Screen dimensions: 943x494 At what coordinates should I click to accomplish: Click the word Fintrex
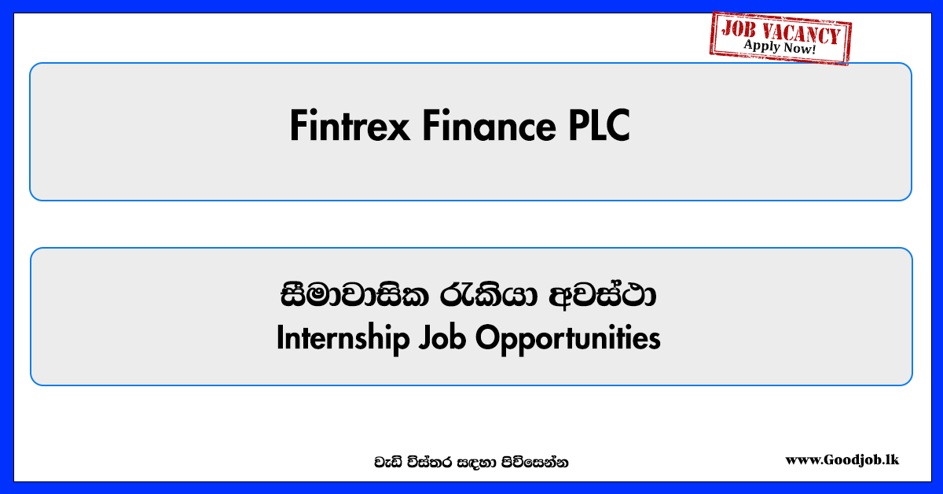350,126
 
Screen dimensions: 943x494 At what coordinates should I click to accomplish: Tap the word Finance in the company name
489,126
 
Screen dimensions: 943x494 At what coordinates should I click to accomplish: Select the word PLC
600,126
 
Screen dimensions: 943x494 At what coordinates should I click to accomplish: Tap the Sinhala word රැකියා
489,295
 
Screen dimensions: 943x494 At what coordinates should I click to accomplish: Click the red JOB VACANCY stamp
780,39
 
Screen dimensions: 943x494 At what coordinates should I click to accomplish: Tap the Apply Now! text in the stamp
780,46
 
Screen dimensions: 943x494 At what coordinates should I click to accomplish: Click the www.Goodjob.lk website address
842,460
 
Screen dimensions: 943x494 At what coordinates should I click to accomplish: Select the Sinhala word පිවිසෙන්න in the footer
534,463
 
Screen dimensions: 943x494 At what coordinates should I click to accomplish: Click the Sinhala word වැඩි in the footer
388,463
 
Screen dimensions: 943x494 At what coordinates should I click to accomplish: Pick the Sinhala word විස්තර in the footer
430,463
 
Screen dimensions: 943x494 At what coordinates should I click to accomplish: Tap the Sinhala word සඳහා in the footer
476,463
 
